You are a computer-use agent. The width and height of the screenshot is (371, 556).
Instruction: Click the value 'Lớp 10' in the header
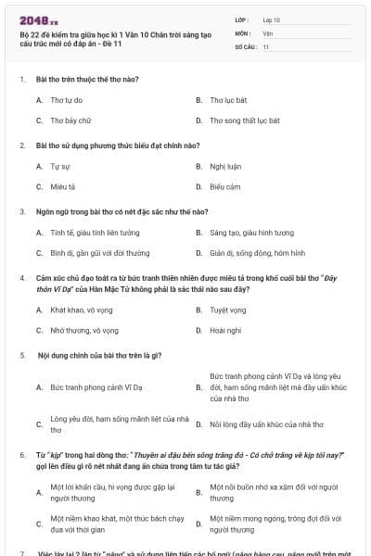tap(272, 19)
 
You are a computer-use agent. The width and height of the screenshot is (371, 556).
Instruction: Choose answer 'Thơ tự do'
tap(68, 99)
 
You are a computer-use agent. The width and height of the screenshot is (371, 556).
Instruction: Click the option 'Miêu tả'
tap(63, 186)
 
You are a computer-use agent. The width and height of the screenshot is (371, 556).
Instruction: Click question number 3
tap(21, 211)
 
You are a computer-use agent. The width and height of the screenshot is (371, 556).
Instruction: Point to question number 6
tap(21, 456)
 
